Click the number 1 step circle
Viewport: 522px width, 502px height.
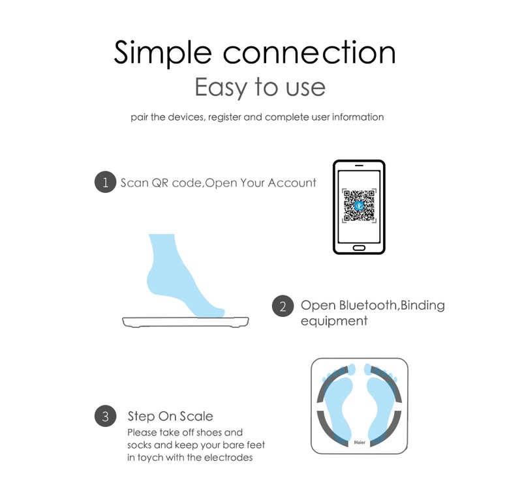click(x=106, y=182)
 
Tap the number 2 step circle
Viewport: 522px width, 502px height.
click(x=283, y=306)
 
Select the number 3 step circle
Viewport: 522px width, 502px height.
click(x=106, y=416)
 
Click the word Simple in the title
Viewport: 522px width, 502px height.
click(x=162, y=53)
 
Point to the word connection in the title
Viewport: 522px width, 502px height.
click(x=309, y=52)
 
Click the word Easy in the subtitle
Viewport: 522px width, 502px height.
click(x=221, y=87)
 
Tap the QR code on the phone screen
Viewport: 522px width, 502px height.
click(x=360, y=205)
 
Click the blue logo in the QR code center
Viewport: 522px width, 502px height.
click(x=360, y=205)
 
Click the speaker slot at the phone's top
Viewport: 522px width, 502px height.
click(x=359, y=166)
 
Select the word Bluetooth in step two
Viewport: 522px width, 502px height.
click(x=368, y=305)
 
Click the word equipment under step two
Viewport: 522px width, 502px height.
click(x=334, y=321)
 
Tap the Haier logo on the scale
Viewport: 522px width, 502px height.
click(x=360, y=442)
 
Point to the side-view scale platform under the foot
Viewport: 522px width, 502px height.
click(x=185, y=321)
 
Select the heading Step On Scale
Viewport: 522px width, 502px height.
click(x=170, y=416)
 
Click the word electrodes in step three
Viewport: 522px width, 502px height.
click(x=228, y=458)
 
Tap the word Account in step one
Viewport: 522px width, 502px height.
click(x=292, y=183)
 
